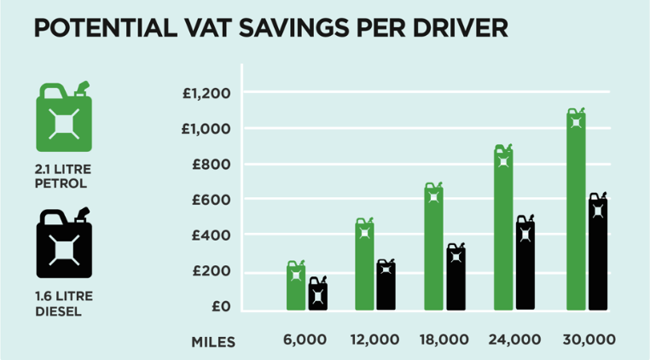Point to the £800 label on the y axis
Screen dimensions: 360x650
pos(212,164)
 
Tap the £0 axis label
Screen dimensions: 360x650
pos(221,306)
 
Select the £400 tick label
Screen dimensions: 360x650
pos(212,235)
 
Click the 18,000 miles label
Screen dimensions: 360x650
pos(444,340)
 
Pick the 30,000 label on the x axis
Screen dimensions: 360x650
pos(588,340)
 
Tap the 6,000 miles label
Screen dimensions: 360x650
pos(305,340)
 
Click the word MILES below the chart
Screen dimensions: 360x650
pos(212,340)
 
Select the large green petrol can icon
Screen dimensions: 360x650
pos(62,119)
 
